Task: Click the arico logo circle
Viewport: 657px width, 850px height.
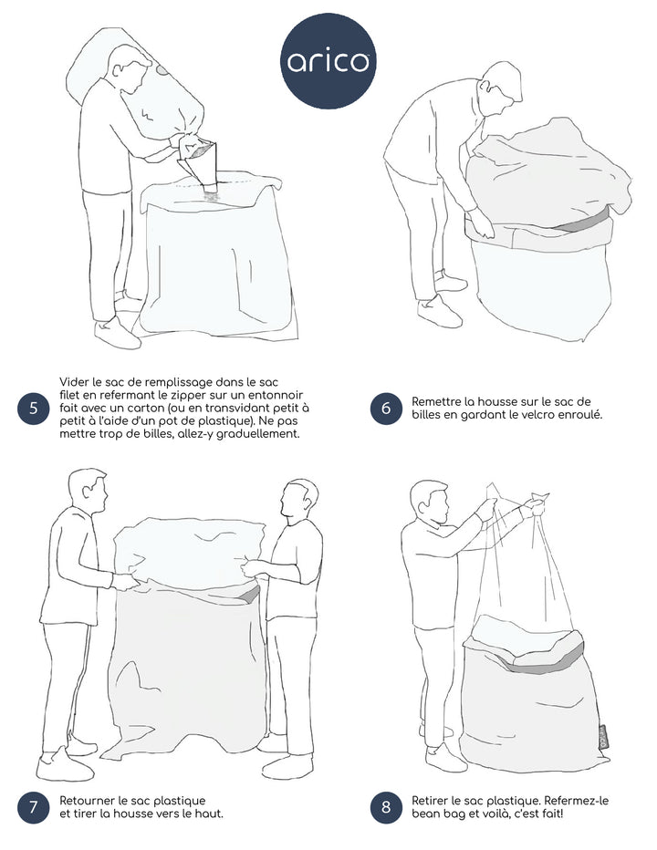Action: tap(328, 61)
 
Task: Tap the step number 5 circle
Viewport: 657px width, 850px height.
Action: tap(33, 408)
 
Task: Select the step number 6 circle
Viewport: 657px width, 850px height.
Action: tap(386, 409)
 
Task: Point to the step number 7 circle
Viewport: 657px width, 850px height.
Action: tap(33, 807)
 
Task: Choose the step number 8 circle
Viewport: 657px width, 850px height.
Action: tap(386, 807)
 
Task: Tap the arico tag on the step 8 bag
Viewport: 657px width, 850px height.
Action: tap(603, 738)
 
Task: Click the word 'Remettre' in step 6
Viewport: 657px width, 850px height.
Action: tap(435, 401)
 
